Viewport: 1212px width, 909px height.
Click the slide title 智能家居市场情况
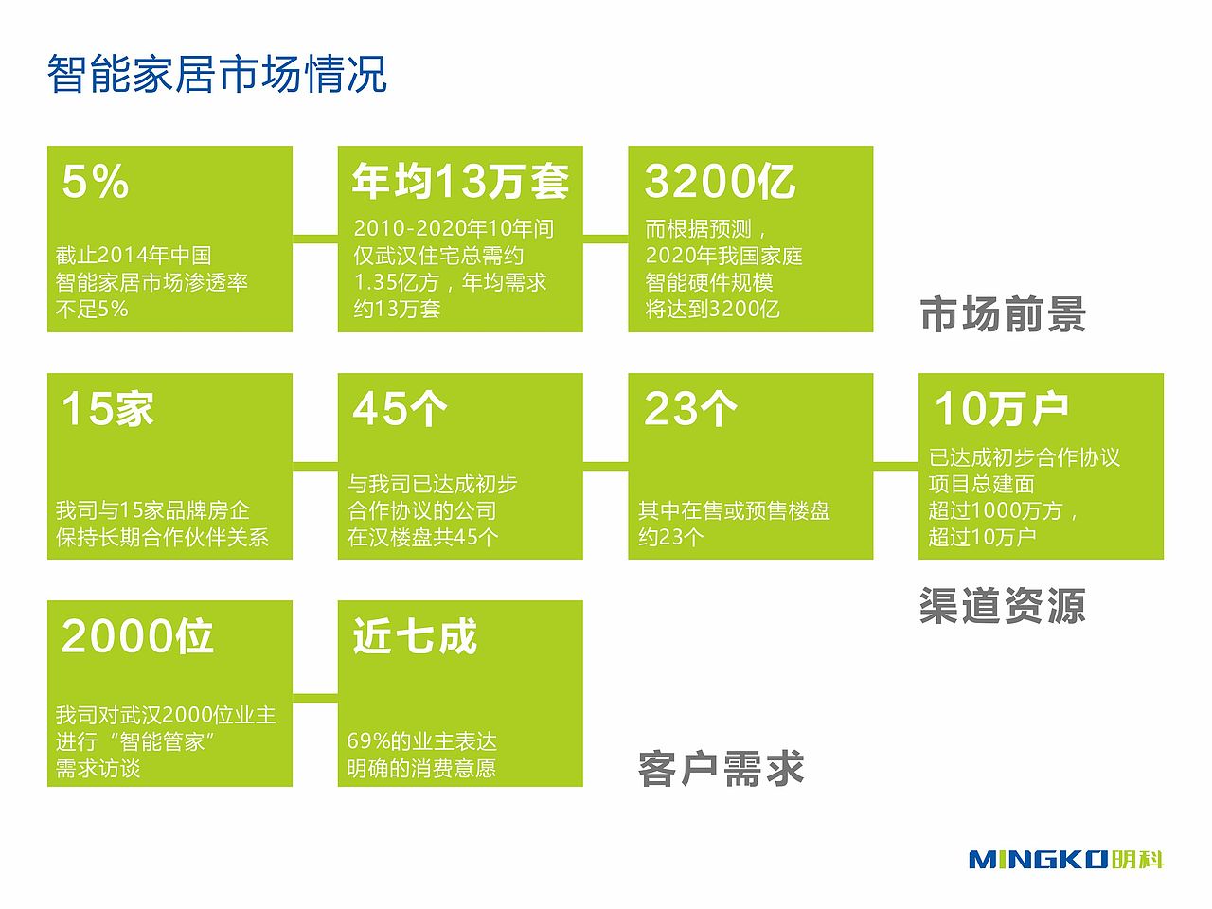[217, 74]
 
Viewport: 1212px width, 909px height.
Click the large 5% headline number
[95, 181]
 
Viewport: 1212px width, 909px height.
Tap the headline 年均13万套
[460, 181]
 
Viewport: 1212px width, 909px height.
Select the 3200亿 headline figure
[720, 181]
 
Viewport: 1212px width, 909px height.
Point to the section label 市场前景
[1003, 314]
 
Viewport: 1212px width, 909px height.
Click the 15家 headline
[108, 408]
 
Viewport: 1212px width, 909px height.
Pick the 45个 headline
[400, 408]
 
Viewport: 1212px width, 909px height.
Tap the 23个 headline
[690, 408]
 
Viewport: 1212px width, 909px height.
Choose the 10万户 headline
[1001, 408]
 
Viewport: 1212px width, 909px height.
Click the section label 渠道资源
[1003, 606]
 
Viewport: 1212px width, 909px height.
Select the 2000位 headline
[137, 635]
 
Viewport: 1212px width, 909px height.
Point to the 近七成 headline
[415, 635]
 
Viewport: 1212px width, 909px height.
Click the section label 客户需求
[721, 768]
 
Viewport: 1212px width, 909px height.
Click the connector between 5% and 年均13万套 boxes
[314, 239]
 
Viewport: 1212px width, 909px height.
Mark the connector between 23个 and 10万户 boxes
[896, 467]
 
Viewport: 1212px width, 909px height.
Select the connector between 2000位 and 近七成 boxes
[314, 699]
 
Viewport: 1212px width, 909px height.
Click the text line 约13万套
[397, 309]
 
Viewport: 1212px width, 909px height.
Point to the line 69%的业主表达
[422, 741]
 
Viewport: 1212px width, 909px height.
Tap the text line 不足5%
[92, 309]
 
